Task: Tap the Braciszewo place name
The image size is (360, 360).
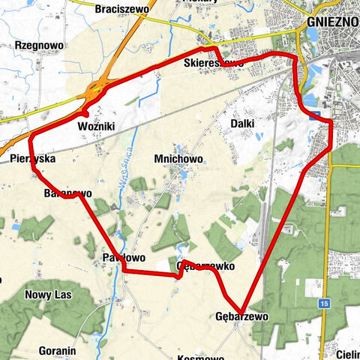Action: [125, 9]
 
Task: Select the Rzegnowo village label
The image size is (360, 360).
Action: [38, 45]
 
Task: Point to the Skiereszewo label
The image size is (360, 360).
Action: [213, 64]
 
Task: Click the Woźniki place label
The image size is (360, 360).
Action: [96, 127]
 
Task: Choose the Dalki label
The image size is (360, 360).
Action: [243, 123]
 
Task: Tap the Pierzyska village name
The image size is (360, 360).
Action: [33, 159]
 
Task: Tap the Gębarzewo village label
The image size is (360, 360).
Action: [241, 317]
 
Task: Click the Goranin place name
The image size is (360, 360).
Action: [56, 350]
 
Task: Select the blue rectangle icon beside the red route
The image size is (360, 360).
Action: [318, 115]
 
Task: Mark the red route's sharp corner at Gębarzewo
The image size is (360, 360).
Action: [242, 310]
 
